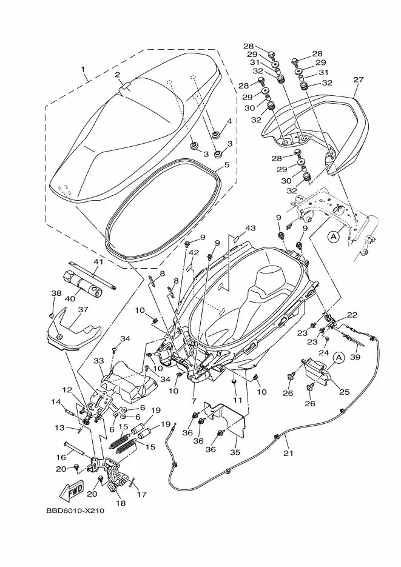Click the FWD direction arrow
click(72, 491)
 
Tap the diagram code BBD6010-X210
click(75, 511)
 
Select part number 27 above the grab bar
click(359, 79)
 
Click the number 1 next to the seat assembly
click(83, 69)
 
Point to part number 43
click(250, 228)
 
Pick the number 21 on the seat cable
click(288, 453)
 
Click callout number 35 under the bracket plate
click(235, 452)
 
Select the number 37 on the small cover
click(83, 309)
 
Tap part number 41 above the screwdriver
click(99, 261)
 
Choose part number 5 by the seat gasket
click(227, 165)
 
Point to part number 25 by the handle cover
click(344, 392)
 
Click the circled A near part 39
click(339, 358)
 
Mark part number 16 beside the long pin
click(61, 457)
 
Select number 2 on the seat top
click(118, 75)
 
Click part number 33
click(99, 361)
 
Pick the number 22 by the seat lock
click(352, 315)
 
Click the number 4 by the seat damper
click(229, 121)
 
